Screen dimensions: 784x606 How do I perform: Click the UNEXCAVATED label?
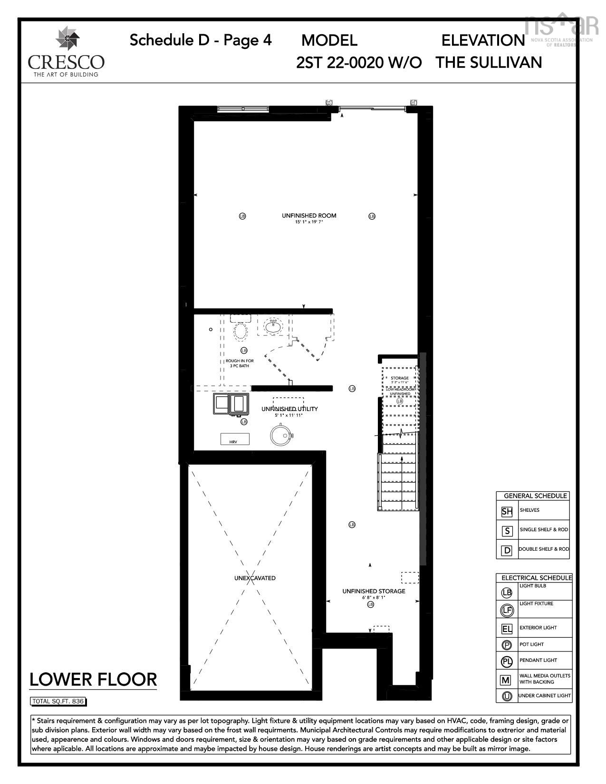tap(255, 578)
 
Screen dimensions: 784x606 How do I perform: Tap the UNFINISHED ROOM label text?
tap(309, 216)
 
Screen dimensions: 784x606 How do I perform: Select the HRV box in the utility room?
tap(235, 439)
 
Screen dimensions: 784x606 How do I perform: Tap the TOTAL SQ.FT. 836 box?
tap(58, 701)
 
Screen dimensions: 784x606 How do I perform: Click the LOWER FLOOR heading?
tap(93, 679)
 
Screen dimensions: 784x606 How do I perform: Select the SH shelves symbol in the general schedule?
tap(507, 512)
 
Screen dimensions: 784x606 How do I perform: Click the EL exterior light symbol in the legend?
tap(507, 629)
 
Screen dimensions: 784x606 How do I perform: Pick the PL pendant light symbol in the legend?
tap(507, 661)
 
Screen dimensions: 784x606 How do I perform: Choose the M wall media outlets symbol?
tap(506, 680)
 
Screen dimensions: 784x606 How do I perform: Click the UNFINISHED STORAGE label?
tap(374, 591)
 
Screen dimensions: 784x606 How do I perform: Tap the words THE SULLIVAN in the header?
tap(489, 62)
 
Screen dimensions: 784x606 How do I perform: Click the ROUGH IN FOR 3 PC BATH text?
tap(240, 363)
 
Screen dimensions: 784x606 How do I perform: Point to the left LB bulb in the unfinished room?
tap(242, 216)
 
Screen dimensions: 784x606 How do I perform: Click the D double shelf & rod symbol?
tap(507, 551)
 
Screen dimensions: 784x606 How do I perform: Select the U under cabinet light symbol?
tap(507, 697)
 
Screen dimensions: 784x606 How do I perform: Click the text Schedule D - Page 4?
tap(201, 40)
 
